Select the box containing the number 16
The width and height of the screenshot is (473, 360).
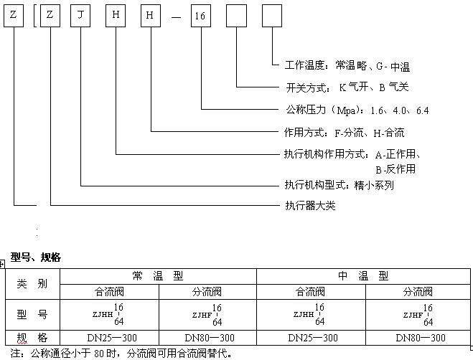200,14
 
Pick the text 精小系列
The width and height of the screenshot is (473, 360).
374,185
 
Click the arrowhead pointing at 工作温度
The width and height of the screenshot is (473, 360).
278,66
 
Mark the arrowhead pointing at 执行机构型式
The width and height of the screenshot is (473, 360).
278,185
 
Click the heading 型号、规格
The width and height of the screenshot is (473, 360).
36,257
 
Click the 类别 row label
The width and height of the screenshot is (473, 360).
32,284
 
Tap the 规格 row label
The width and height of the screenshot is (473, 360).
32,337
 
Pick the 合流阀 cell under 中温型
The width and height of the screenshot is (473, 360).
311,292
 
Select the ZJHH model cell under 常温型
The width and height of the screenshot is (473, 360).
109,314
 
